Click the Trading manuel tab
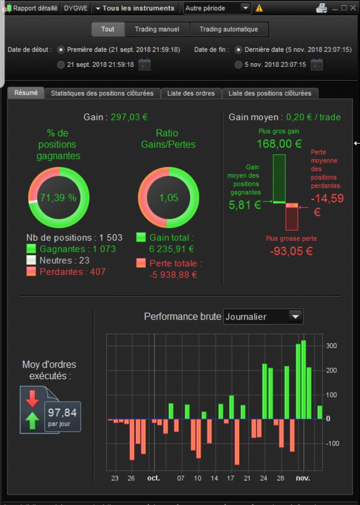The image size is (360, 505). coord(157,29)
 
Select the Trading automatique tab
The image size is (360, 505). coord(229,29)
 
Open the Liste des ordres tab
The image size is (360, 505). coord(191,93)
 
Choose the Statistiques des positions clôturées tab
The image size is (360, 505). coord(102,93)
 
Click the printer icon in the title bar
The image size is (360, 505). coord(322,8)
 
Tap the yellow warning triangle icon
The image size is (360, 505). coord(259,8)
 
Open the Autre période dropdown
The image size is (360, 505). coord(217,8)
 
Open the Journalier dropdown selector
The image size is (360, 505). coord(263,316)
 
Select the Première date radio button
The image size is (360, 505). coord(61,50)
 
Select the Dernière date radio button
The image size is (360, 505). coord(238,50)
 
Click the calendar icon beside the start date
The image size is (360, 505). coord(144,65)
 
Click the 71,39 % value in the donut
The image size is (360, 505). coord(58,198)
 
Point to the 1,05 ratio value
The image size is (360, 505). coord(169,198)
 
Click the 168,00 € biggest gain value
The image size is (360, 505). coord(279,144)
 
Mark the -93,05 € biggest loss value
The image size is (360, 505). coord(291,251)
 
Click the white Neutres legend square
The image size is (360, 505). coord(31,260)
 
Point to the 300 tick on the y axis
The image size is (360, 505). coord(331,346)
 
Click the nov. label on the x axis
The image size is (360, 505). coord(303,478)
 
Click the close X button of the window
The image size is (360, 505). coord(353,8)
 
